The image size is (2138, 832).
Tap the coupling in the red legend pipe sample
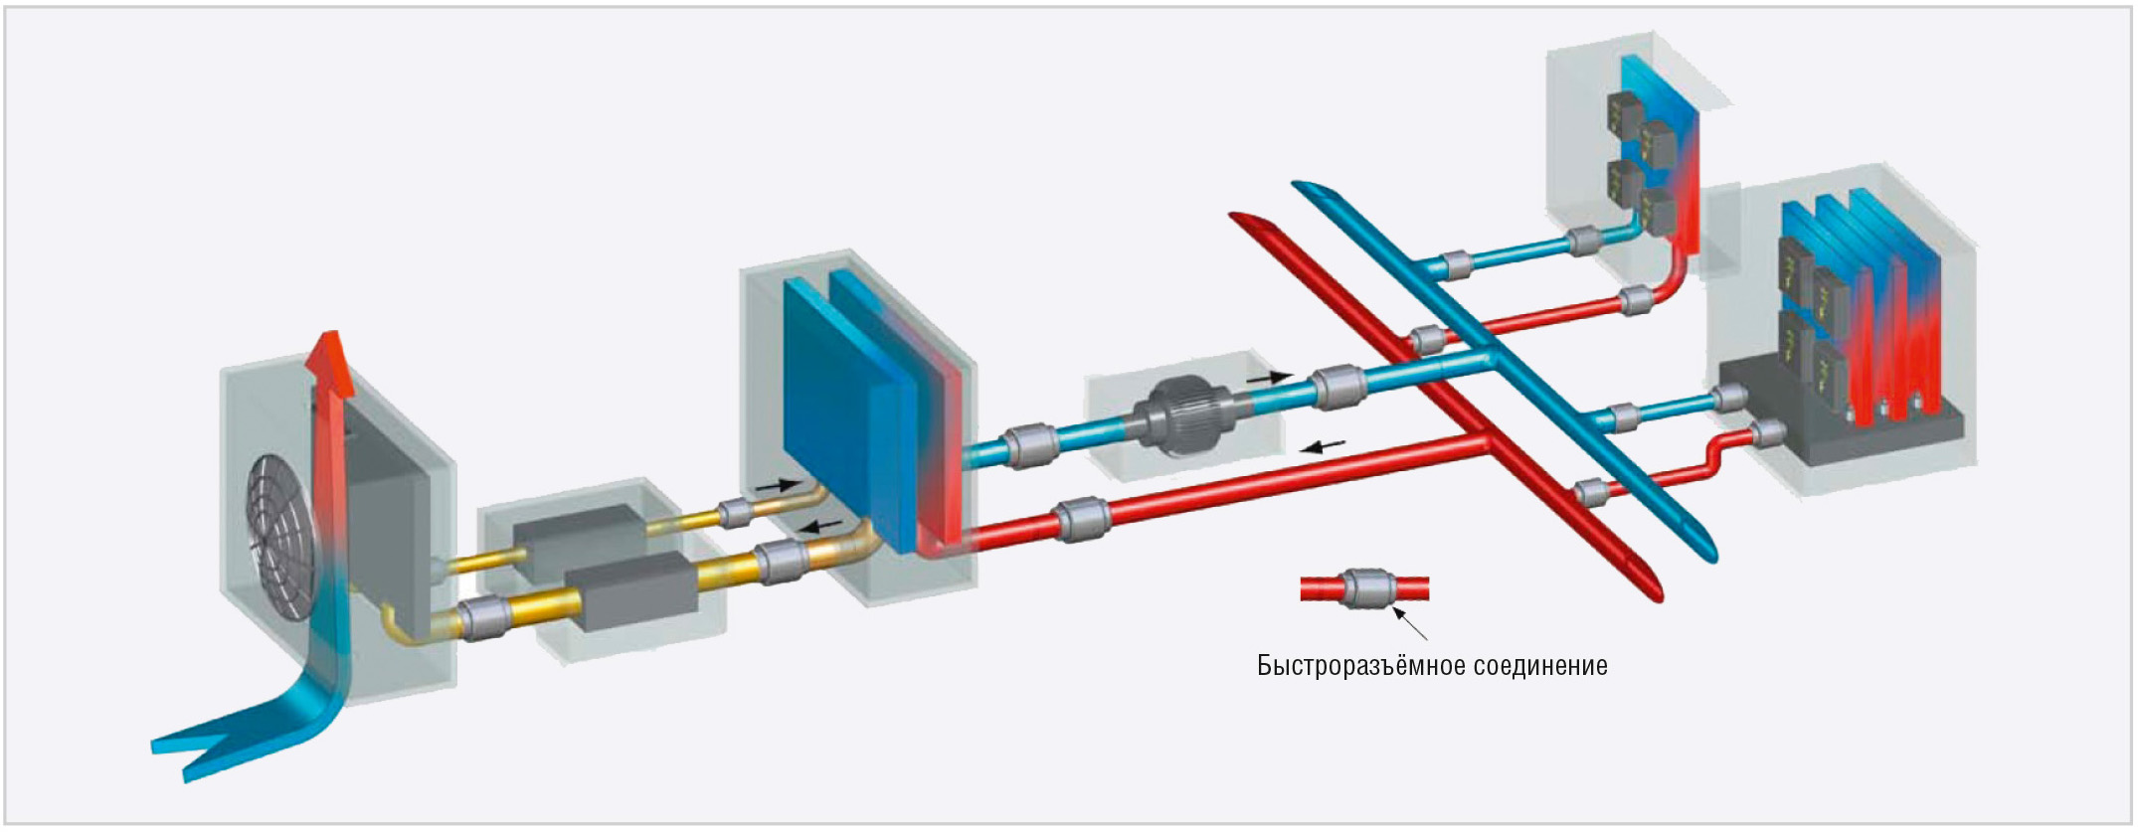click(1364, 588)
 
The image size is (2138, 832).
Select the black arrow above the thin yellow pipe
click(777, 486)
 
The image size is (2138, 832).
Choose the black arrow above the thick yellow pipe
click(820, 525)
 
